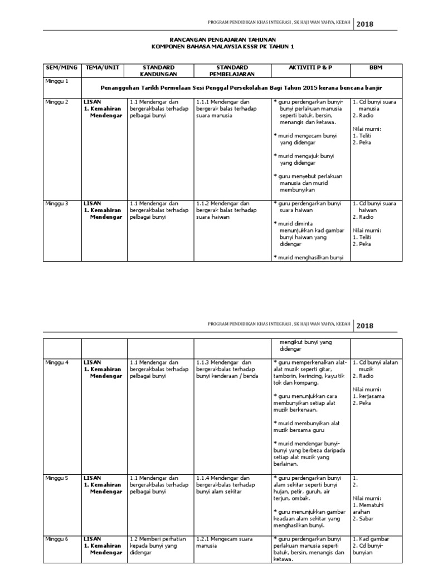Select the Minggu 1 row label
57,82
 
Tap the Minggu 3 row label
57,204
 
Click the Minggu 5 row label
57,478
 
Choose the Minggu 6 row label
57,539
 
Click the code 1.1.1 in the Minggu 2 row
203,102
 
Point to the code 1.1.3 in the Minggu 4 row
203,362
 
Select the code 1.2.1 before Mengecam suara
203,539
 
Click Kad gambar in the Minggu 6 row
374,539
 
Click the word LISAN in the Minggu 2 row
92,102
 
